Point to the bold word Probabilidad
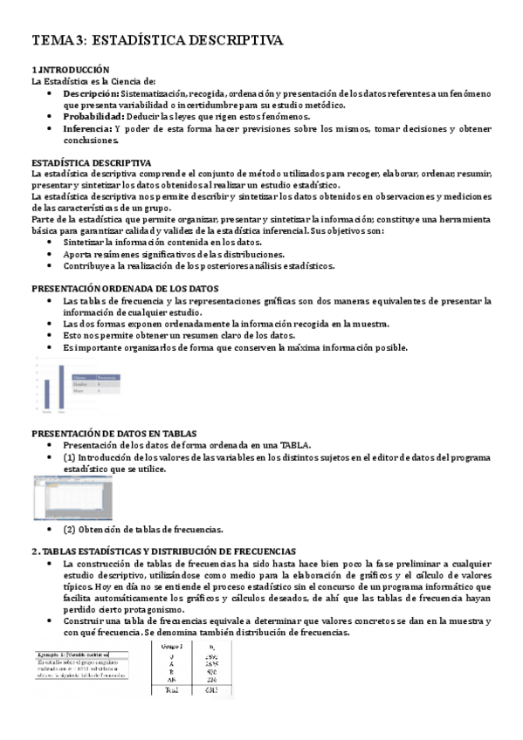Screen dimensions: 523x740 click(93, 116)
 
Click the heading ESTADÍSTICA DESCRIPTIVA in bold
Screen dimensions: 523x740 click(91, 163)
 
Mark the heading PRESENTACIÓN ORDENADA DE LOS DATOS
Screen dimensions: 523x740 click(125, 289)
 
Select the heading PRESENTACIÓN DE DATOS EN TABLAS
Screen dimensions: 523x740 click(114, 434)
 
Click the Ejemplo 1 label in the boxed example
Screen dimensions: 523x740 click(53, 653)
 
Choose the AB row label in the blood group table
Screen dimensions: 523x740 click(171, 680)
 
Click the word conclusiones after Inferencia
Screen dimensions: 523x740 click(90, 140)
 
